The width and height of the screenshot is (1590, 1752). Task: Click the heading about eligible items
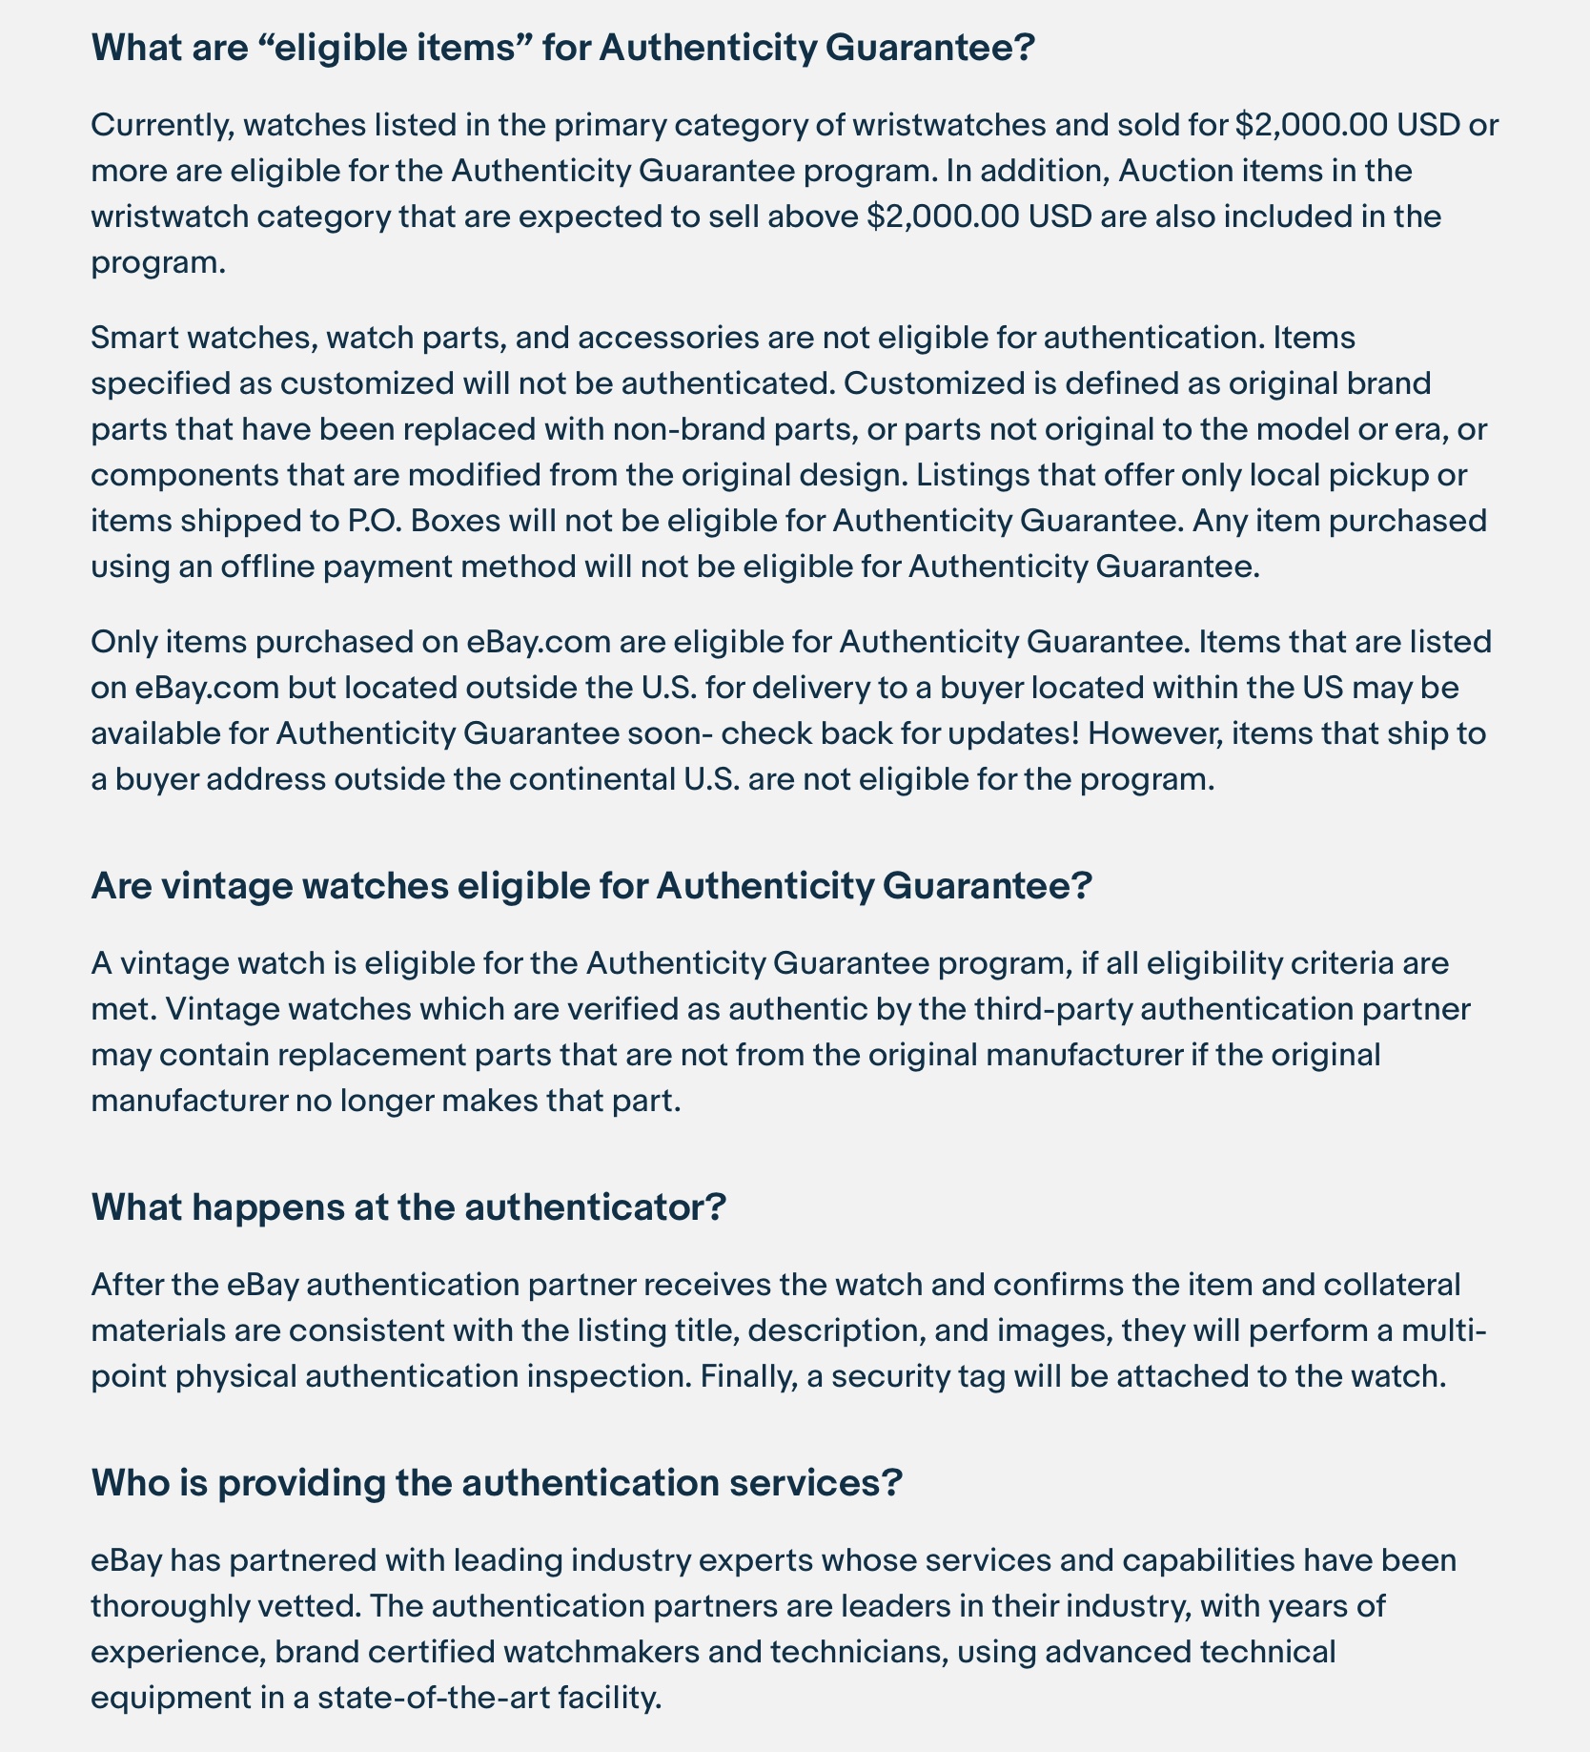562,47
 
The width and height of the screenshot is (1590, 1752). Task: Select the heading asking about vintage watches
590,886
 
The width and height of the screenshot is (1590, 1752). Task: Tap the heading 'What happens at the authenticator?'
409,1207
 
